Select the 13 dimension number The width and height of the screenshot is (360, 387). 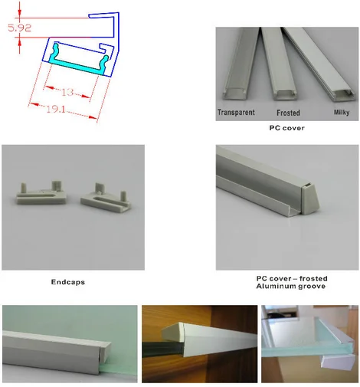(67, 92)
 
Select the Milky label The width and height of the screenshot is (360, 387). (341, 113)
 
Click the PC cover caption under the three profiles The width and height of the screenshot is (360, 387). (286, 128)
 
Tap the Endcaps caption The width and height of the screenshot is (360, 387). (68, 282)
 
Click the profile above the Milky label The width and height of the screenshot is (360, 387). (322, 65)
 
